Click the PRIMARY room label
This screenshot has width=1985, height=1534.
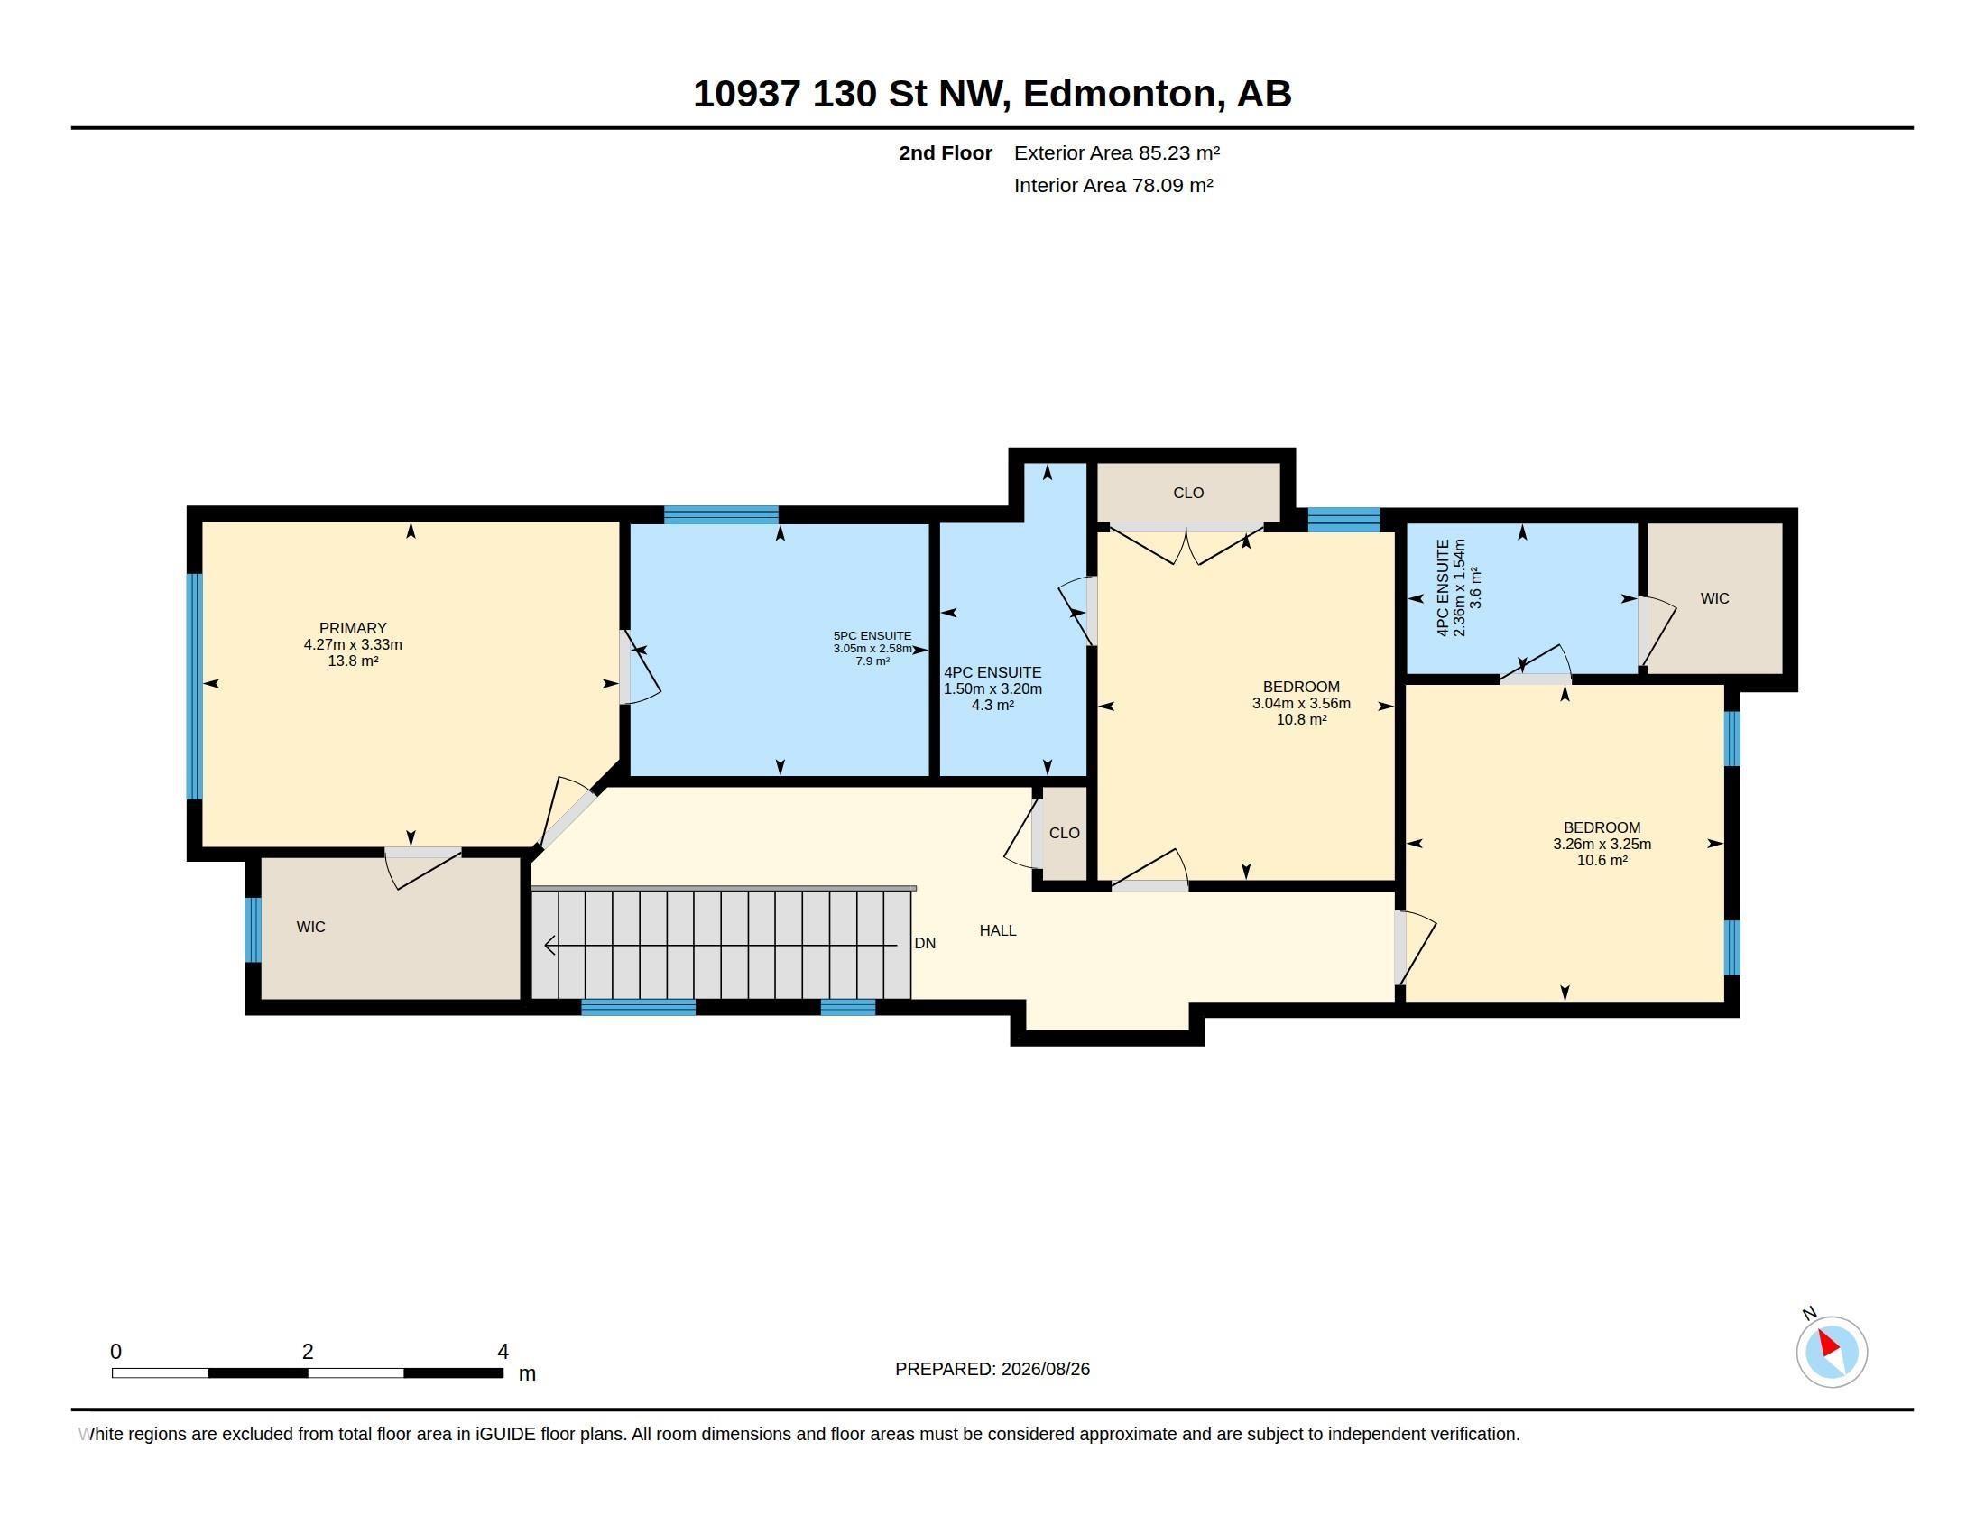pyautogui.click(x=353, y=628)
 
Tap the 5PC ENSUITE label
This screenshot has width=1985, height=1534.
pyautogui.click(x=872, y=636)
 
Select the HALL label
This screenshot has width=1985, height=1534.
pyautogui.click(x=997, y=930)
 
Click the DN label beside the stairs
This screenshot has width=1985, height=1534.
pyautogui.click(x=924, y=943)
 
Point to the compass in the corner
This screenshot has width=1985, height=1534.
pyautogui.click(x=1832, y=1352)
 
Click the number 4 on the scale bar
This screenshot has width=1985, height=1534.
pyautogui.click(x=503, y=1352)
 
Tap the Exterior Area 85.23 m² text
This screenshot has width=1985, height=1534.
pyautogui.click(x=1116, y=152)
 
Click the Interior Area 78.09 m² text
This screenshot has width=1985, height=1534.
pyautogui.click(x=1113, y=185)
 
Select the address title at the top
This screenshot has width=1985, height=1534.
pyautogui.click(x=992, y=94)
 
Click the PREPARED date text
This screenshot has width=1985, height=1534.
pyautogui.click(x=992, y=1369)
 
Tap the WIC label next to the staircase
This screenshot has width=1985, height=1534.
pyautogui.click(x=311, y=927)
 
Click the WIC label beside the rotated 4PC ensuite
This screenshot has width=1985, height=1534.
pyautogui.click(x=1714, y=598)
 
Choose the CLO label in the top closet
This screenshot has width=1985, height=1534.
pyautogui.click(x=1188, y=493)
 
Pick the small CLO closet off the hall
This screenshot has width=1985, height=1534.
pyautogui.click(x=1064, y=834)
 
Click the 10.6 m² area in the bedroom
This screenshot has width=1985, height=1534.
pyautogui.click(x=1602, y=861)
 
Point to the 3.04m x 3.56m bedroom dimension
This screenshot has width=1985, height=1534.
pyautogui.click(x=1300, y=704)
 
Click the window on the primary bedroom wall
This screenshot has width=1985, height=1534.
pyautogui.click(x=194, y=686)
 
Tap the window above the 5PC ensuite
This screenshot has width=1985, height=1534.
pyautogui.click(x=721, y=515)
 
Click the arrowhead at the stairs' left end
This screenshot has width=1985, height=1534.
pyautogui.click(x=549, y=946)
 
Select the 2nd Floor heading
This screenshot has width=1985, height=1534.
pyautogui.click(x=946, y=152)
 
